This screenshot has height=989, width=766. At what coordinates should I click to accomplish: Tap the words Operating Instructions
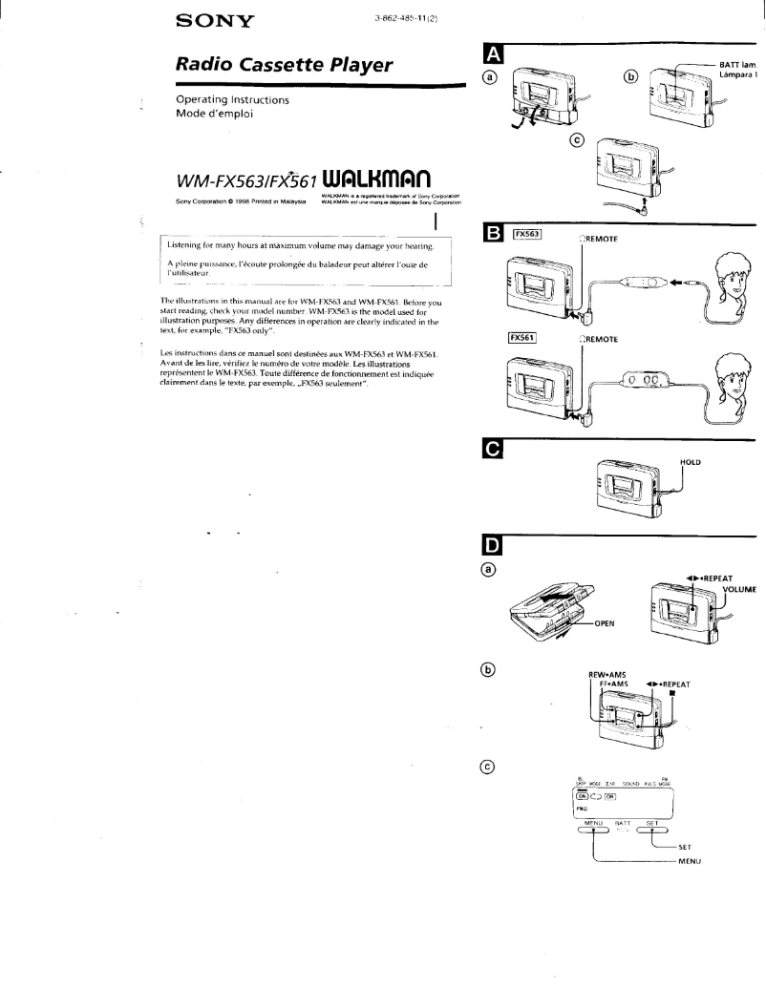233,99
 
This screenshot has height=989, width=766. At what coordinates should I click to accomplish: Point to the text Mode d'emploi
215,115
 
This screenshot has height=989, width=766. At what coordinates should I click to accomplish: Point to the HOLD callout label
691,462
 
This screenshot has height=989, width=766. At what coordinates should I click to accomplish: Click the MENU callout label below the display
690,862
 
